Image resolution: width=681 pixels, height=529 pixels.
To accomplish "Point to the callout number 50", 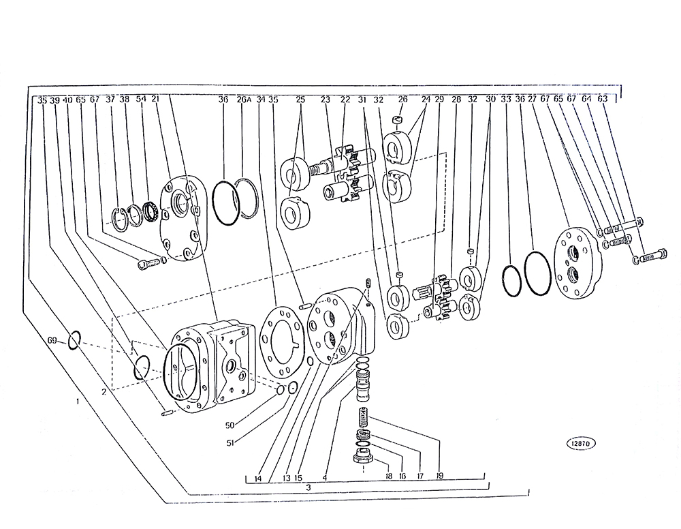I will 229,425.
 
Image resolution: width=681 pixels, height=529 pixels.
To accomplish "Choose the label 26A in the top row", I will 244,100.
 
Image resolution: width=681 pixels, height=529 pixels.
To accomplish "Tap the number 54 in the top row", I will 141,100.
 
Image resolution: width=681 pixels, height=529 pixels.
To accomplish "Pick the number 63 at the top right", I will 602,99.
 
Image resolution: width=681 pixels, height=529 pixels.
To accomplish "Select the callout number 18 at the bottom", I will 388,477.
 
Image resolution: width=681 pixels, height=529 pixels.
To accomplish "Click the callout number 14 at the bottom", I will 257,478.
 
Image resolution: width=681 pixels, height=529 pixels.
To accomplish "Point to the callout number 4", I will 325,478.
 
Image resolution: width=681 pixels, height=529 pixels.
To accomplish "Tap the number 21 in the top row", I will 155,100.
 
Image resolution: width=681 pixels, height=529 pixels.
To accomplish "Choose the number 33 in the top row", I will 505,100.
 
